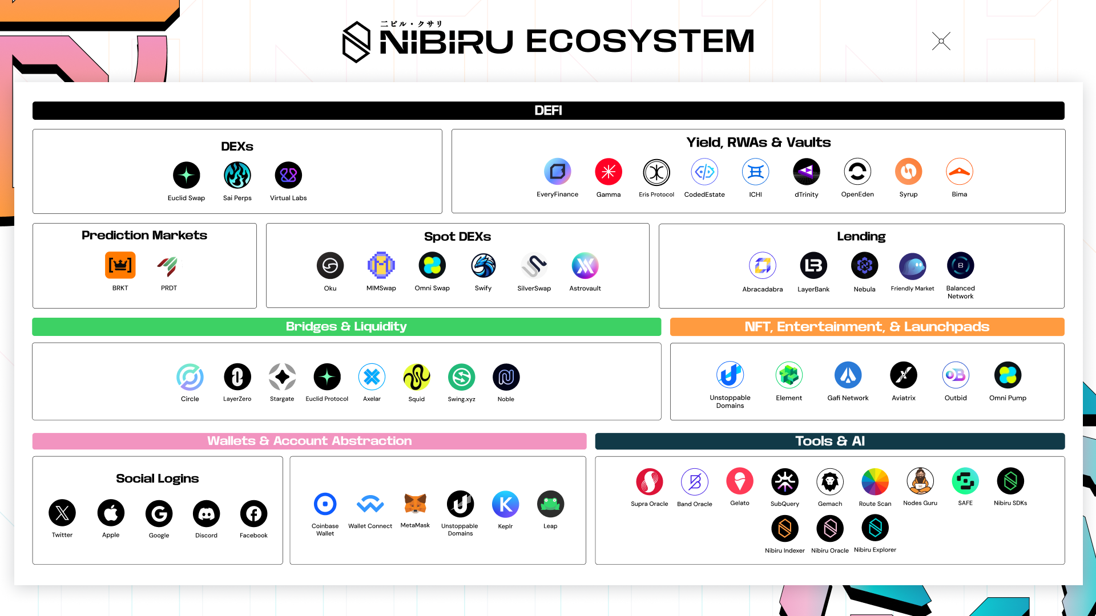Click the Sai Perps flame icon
(x=237, y=175)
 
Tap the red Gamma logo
(x=609, y=172)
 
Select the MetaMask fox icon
(x=415, y=503)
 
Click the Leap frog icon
(x=550, y=504)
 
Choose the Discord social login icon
(x=207, y=513)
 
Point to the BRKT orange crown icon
(x=120, y=265)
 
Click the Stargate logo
(x=282, y=377)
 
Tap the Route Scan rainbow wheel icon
(x=875, y=482)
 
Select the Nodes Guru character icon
(x=920, y=481)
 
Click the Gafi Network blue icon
(x=848, y=375)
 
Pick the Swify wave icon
(x=483, y=265)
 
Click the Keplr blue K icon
(x=505, y=504)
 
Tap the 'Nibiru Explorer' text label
(x=875, y=550)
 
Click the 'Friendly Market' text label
(x=912, y=289)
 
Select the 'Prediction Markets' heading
(x=144, y=235)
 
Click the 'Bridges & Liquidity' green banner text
(x=346, y=326)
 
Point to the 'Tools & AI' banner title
(x=830, y=441)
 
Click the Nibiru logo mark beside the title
(x=357, y=42)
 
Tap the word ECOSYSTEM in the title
(x=640, y=41)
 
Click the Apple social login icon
(x=111, y=513)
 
